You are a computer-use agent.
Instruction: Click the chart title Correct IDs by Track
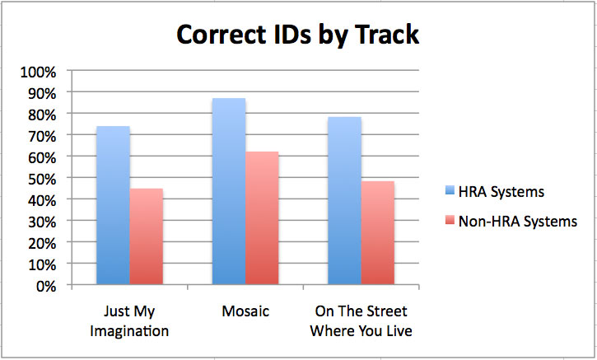click(298, 35)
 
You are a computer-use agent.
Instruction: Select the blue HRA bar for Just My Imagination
click(113, 205)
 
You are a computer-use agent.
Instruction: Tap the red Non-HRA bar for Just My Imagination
click(147, 236)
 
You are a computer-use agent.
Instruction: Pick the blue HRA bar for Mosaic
click(229, 191)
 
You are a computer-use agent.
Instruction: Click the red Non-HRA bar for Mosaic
click(262, 218)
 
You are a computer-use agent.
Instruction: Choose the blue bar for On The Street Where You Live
click(344, 200)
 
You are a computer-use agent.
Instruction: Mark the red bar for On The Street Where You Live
click(378, 233)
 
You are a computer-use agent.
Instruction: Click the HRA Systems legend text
click(501, 192)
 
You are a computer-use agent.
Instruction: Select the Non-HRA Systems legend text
click(518, 222)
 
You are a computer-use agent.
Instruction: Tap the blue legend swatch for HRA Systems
click(450, 190)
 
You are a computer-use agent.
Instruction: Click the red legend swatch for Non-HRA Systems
click(450, 220)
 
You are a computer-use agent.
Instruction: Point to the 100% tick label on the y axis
click(39, 72)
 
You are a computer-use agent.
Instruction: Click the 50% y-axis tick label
click(42, 179)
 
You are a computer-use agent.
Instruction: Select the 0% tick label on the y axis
click(46, 286)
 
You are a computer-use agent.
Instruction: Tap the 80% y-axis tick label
click(42, 115)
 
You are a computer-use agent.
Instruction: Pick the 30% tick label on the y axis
click(42, 222)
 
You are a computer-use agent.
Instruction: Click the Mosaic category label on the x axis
click(245, 311)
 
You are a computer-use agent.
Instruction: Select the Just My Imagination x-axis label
click(129, 321)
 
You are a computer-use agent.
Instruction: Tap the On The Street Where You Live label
click(361, 321)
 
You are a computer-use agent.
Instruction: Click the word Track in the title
click(387, 35)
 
